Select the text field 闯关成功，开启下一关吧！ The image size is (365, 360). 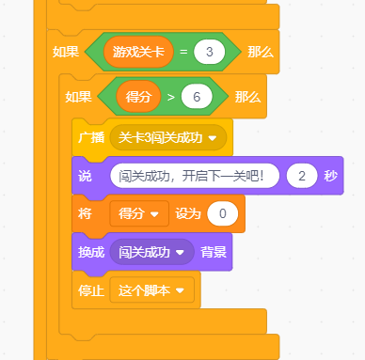click(x=194, y=176)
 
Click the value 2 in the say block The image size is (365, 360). click(x=302, y=176)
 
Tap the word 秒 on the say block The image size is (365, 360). click(x=330, y=176)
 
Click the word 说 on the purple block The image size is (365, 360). click(x=85, y=176)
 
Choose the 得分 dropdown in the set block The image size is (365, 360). click(x=139, y=213)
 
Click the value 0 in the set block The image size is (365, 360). click(x=222, y=213)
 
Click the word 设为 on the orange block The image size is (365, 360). click(x=187, y=213)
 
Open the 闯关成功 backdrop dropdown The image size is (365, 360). click(x=151, y=252)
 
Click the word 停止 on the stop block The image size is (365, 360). click(x=90, y=290)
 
